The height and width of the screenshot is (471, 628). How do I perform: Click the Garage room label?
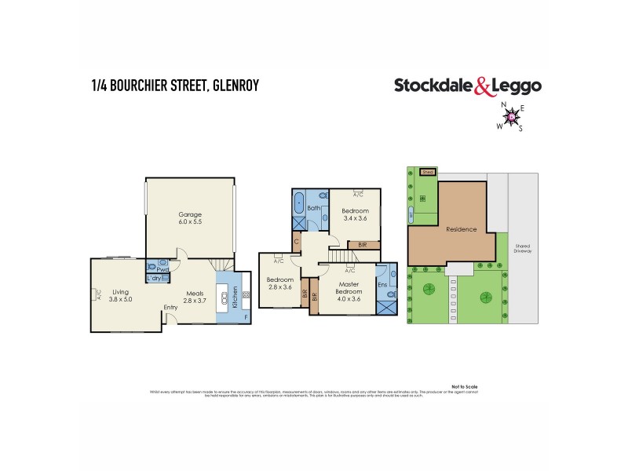[x=189, y=218]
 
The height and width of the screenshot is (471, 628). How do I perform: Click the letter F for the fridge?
[x=245, y=317]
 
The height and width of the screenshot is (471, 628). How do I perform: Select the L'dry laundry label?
[x=155, y=279]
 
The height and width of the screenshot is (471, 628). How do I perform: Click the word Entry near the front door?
[x=170, y=308]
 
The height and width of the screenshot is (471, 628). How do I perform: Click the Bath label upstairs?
[x=313, y=208]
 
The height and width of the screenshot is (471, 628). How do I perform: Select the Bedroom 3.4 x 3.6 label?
[x=355, y=214]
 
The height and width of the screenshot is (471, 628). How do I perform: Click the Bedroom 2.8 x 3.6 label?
[x=279, y=283]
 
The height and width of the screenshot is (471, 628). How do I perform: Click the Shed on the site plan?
[x=427, y=170]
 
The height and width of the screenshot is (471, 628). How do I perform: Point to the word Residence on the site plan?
[x=461, y=229]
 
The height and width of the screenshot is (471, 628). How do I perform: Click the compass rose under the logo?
[x=511, y=117]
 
